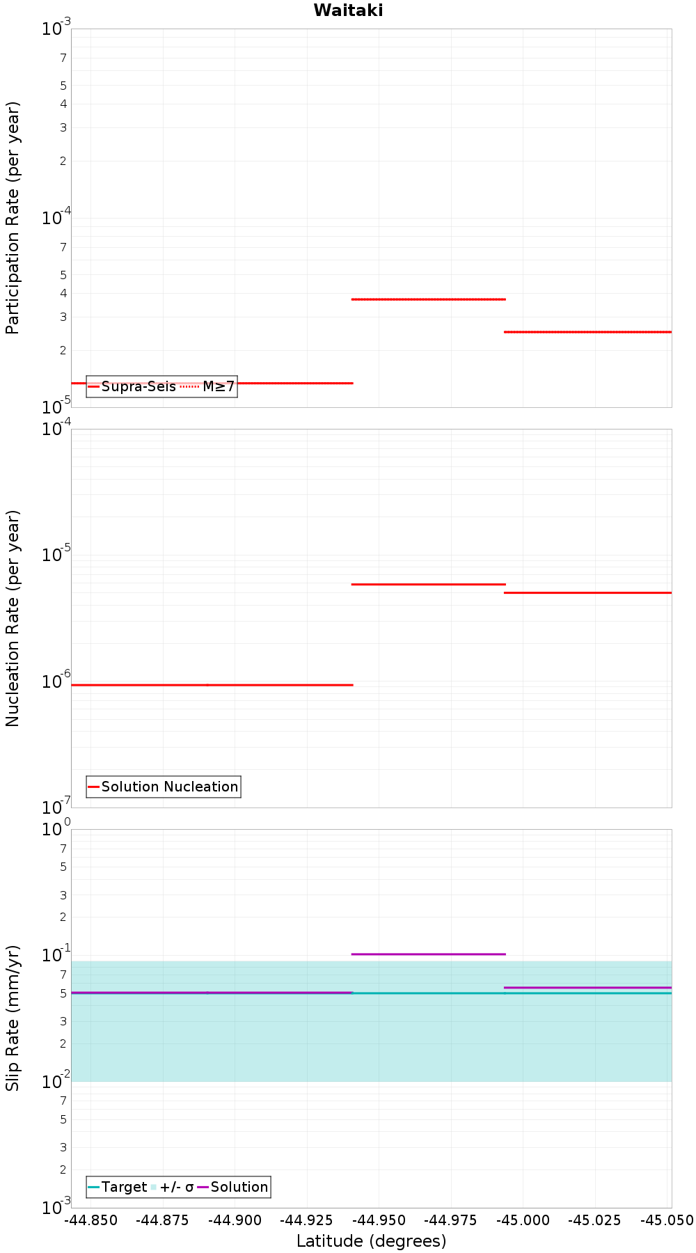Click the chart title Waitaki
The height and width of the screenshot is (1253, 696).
(x=348, y=10)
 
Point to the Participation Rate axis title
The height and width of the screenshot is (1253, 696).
(x=13, y=218)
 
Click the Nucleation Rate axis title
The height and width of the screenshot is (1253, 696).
(x=13, y=619)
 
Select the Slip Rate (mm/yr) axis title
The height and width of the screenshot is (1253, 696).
(x=13, y=1018)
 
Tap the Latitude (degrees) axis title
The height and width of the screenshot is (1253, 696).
(x=371, y=1241)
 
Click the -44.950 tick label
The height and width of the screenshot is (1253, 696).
(x=378, y=1220)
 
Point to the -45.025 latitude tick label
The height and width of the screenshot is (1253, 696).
(x=594, y=1220)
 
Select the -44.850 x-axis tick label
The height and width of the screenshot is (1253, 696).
(x=90, y=1220)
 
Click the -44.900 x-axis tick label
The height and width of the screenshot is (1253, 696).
(x=235, y=1220)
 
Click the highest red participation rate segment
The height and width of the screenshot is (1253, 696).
(x=428, y=299)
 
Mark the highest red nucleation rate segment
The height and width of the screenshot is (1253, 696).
(x=428, y=584)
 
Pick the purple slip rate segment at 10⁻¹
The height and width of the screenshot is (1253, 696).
(x=428, y=954)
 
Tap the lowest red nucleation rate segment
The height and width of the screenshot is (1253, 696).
(x=212, y=685)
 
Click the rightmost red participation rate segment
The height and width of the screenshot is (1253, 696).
(x=588, y=332)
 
